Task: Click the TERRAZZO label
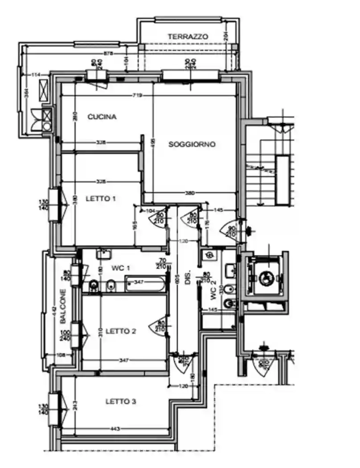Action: pyautogui.click(x=188, y=37)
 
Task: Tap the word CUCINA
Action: pyautogui.click(x=102, y=117)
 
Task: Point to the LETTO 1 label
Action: pyautogui.click(x=101, y=199)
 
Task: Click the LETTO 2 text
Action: pyautogui.click(x=122, y=331)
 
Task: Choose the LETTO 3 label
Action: pyautogui.click(x=120, y=402)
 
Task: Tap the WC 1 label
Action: pyautogui.click(x=121, y=268)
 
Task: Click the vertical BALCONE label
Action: pyautogui.click(x=63, y=307)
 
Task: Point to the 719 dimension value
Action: pyautogui.click(x=136, y=95)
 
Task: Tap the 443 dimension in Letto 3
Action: pyautogui.click(x=115, y=429)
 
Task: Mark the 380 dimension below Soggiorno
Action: pyautogui.click(x=190, y=193)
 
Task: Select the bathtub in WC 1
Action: pyautogui.click(x=146, y=283)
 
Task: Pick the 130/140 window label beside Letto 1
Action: pyautogui.click(x=44, y=205)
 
